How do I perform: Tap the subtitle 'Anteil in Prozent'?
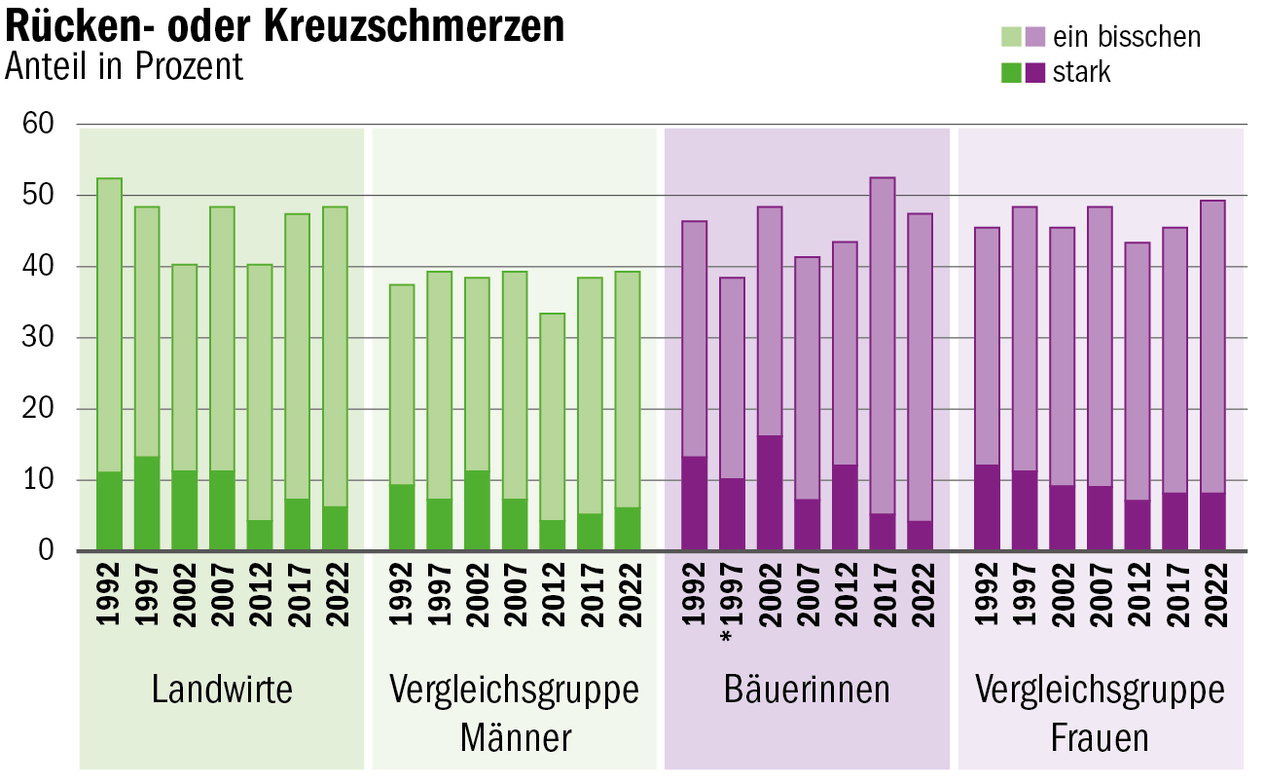click(125, 66)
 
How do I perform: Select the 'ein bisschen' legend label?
click(1127, 37)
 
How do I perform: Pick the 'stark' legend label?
click(1081, 72)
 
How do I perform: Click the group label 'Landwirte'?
click(222, 690)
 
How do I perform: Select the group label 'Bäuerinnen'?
click(807, 690)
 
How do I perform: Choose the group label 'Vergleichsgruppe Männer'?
click(514, 713)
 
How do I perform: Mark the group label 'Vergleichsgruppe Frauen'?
click(1100, 713)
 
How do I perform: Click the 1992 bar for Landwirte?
click(110, 364)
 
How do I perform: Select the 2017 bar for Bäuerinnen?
click(883, 364)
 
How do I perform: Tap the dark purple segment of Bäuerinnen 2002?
click(769, 494)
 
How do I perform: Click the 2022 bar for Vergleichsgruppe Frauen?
click(1212, 375)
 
